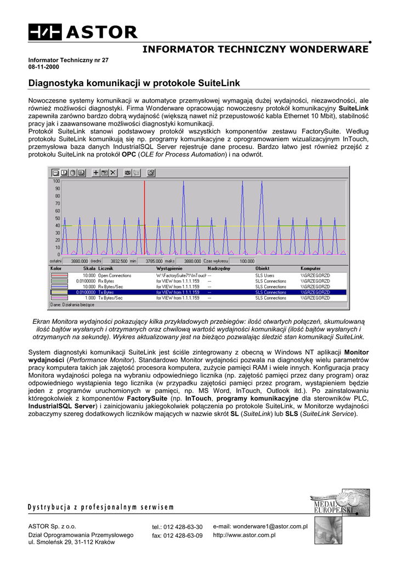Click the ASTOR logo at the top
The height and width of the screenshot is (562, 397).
[x=83, y=32]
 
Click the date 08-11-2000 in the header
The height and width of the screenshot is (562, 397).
[x=44, y=67]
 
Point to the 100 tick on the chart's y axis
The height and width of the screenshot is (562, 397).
[x=56, y=181]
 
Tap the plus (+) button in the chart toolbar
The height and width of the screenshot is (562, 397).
[x=96, y=172]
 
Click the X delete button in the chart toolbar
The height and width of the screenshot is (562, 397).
[x=113, y=172]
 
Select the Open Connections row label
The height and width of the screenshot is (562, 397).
[x=115, y=276]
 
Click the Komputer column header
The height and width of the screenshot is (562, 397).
[x=311, y=268]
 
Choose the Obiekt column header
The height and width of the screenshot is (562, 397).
[x=262, y=268]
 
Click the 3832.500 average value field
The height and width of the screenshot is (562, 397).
[x=118, y=261]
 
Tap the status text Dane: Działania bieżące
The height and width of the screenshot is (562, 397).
[x=73, y=304]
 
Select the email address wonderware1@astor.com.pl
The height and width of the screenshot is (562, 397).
[x=260, y=526]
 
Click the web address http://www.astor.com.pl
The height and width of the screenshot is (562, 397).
[x=244, y=535]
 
